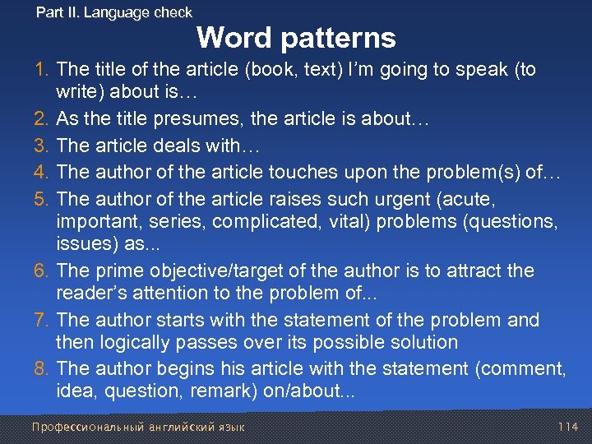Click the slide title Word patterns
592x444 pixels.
[x=296, y=38]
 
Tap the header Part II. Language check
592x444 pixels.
[x=114, y=12]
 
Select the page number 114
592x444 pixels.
[x=567, y=427]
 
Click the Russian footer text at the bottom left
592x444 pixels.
[x=137, y=427]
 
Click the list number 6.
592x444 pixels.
[x=45, y=271]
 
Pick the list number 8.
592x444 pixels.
[x=45, y=370]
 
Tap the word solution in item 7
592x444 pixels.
[x=423, y=342]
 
